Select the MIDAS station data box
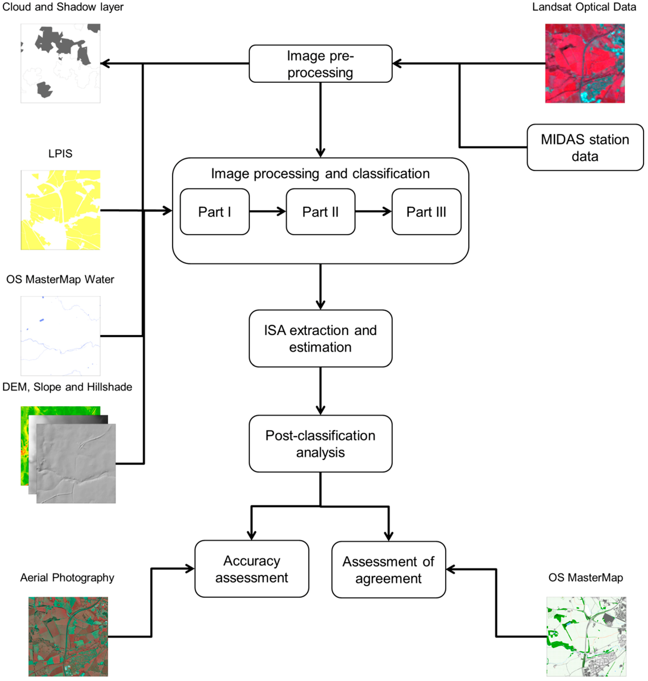point(585,148)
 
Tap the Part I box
point(215,212)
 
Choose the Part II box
point(320,212)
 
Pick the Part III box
point(426,212)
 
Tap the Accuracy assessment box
point(252,569)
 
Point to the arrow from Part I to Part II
point(267,211)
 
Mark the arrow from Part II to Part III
point(373,211)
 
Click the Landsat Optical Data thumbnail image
point(585,63)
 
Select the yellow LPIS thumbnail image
point(61,210)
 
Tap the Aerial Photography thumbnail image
point(68,636)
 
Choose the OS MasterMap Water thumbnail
point(61,336)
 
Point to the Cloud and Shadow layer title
point(63,7)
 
